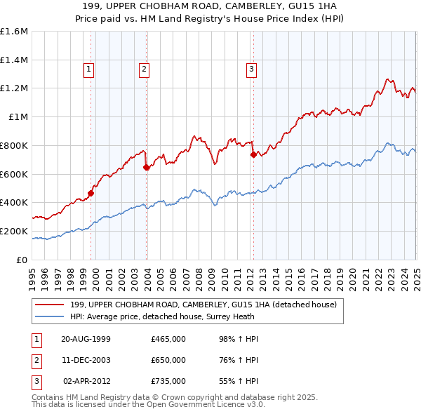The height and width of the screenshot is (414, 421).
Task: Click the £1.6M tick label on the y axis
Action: tap(14, 32)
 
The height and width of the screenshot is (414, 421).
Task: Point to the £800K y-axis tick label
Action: tap(14, 145)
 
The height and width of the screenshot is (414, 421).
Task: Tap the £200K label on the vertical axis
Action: tap(14, 231)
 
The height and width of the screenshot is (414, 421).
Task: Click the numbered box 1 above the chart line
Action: tap(90, 69)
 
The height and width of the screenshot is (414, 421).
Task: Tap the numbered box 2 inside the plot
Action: tap(143, 69)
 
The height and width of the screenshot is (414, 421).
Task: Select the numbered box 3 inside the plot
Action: tap(250, 69)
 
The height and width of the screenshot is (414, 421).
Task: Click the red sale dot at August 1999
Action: tap(91, 193)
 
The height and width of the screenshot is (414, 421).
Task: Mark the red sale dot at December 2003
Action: tap(146, 167)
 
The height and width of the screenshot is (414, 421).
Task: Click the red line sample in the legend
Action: tap(50, 305)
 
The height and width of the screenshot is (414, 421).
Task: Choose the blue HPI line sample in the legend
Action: tap(50, 316)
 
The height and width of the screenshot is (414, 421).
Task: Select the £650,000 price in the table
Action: tap(168, 360)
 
